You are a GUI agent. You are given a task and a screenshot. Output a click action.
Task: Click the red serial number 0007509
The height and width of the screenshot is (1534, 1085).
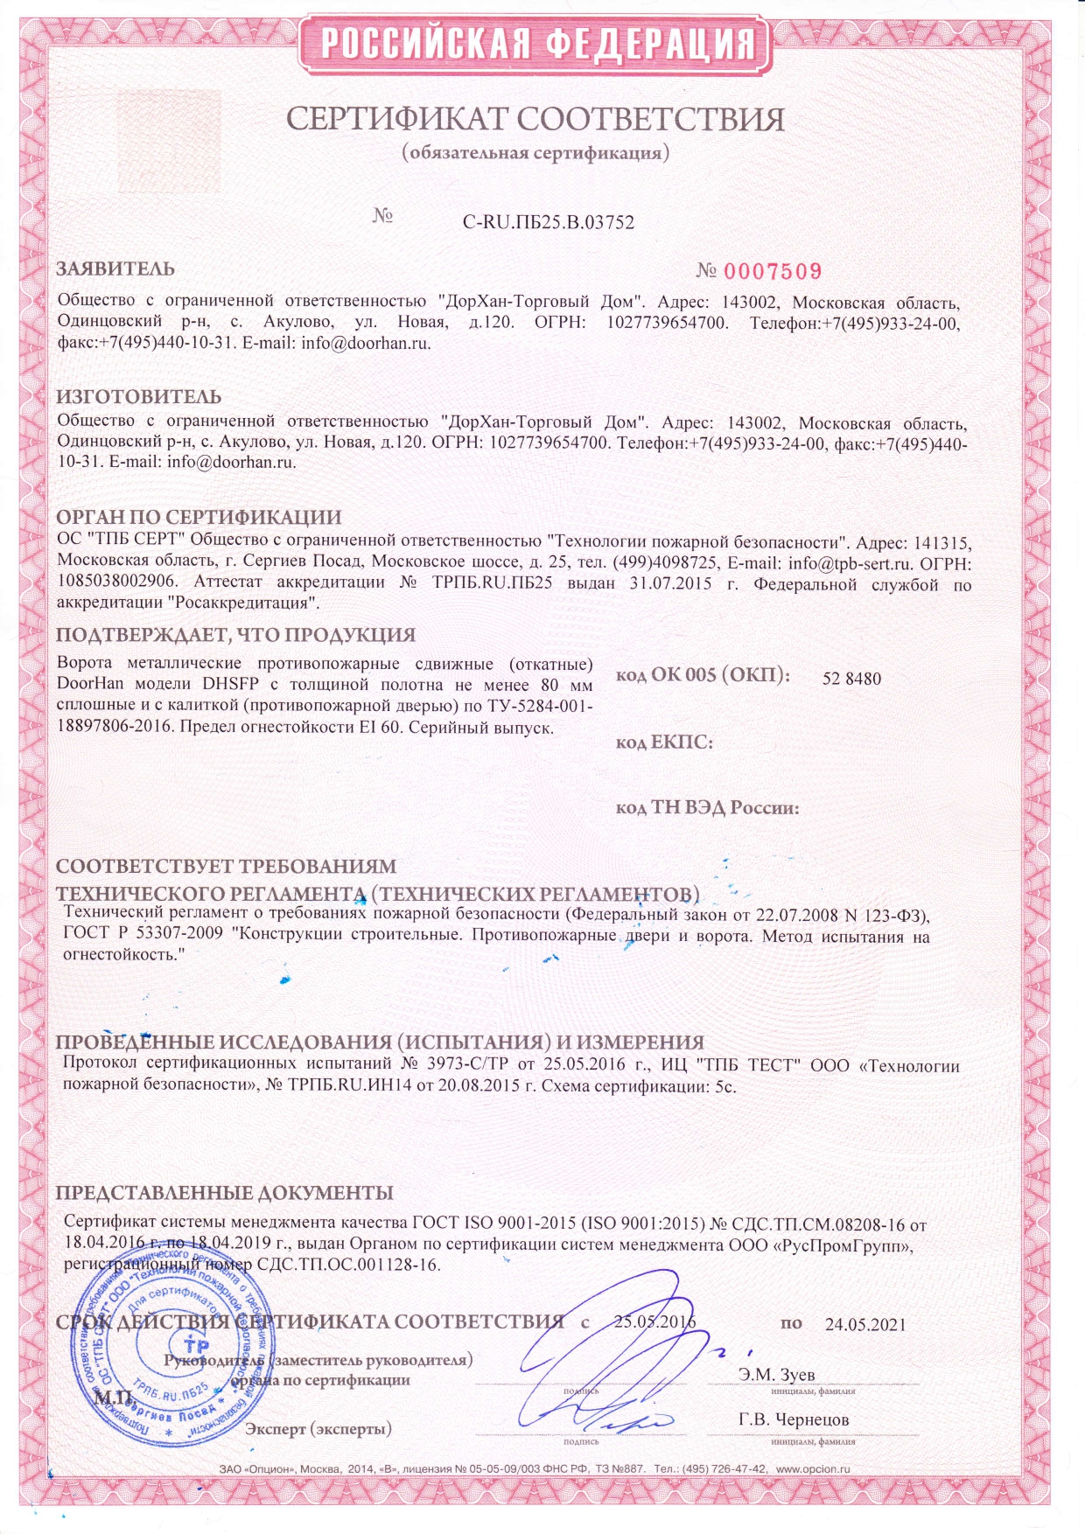tap(773, 272)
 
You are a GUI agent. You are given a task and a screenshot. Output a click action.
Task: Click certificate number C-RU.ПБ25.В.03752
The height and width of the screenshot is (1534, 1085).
tap(548, 222)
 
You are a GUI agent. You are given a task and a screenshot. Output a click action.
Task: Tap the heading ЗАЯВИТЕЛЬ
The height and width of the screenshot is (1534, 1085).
tap(115, 268)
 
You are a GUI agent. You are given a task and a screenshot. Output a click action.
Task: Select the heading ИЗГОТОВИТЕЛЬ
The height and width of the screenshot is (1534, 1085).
tap(138, 398)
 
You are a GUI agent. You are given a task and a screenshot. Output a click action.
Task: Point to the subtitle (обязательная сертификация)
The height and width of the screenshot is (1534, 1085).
tap(535, 154)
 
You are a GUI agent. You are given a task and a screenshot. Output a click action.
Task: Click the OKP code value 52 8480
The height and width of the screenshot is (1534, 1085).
tap(851, 679)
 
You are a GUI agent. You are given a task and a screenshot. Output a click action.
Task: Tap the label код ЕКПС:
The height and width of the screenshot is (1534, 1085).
tap(664, 743)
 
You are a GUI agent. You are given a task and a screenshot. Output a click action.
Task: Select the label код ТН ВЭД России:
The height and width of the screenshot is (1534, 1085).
tap(707, 807)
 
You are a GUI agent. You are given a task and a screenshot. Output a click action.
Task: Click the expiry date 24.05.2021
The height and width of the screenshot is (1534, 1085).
tap(865, 1324)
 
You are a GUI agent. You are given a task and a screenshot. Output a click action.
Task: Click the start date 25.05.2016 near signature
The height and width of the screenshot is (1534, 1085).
tap(654, 1321)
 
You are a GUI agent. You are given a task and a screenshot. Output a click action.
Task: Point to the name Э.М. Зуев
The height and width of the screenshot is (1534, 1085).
tap(776, 1374)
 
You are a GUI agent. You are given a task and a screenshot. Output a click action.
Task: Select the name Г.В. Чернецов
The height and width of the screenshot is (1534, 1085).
tap(793, 1419)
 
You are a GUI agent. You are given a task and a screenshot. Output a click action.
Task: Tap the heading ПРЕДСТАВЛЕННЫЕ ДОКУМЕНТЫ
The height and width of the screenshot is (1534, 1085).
tap(224, 1193)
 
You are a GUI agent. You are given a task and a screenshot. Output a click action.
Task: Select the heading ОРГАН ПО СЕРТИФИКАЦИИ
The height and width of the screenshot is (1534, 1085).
tap(199, 518)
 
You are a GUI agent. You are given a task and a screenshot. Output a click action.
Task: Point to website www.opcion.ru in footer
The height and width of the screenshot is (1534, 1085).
tap(813, 1469)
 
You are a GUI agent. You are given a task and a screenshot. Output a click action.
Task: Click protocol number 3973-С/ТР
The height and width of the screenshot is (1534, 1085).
tap(467, 1066)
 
